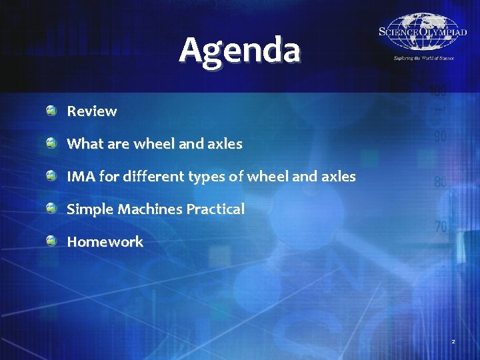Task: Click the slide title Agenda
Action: (x=239, y=51)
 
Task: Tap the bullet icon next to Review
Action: (x=52, y=111)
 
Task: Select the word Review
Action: (x=92, y=111)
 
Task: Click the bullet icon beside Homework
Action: (x=52, y=241)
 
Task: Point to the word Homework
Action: (x=105, y=241)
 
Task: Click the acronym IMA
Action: (x=81, y=177)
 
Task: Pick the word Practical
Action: (x=215, y=209)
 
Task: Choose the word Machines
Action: (x=150, y=209)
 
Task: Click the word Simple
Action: (x=90, y=209)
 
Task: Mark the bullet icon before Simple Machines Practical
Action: (x=52, y=209)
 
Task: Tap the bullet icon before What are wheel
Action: (x=52, y=143)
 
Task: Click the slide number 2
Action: (x=453, y=341)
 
